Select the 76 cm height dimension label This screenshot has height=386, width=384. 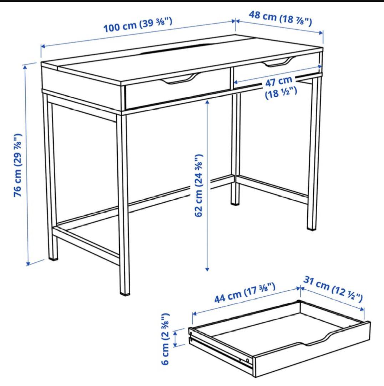(18, 165)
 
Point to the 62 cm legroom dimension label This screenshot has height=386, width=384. (198, 185)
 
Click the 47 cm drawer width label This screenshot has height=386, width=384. (281, 88)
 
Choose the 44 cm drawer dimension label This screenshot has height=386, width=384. (245, 292)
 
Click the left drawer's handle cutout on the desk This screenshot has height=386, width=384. (178, 79)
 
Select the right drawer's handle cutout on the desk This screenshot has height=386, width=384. (278, 63)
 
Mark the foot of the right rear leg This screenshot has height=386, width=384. (312, 227)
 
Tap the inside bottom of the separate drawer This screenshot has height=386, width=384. (271, 325)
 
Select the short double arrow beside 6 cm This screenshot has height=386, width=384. (175, 338)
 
